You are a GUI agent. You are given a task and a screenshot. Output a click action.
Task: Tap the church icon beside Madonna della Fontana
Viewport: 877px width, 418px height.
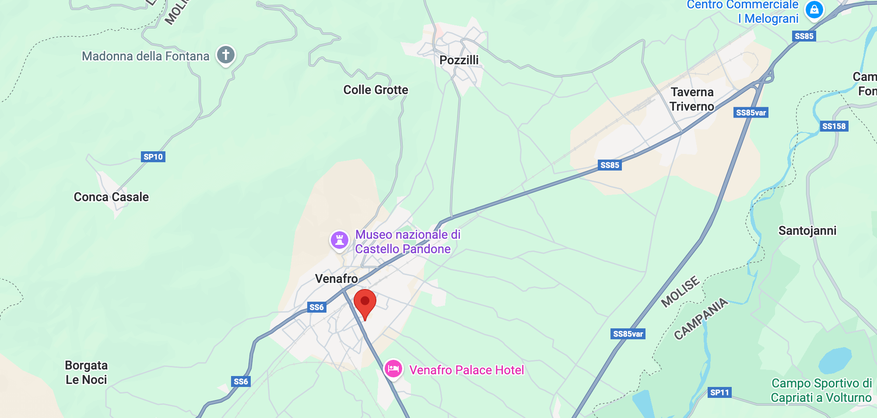(226, 55)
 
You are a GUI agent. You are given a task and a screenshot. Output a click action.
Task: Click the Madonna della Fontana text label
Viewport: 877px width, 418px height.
(146, 56)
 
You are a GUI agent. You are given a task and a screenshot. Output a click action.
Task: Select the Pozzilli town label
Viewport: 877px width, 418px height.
(459, 60)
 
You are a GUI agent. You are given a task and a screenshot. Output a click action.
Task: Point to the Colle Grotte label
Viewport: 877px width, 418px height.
(375, 90)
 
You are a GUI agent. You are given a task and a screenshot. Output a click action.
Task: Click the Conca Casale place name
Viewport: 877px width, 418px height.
(111, 197)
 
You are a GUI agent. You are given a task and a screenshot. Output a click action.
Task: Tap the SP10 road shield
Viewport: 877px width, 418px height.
(153, 157)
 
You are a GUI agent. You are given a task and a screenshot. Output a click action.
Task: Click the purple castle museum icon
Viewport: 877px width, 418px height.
(339, 240)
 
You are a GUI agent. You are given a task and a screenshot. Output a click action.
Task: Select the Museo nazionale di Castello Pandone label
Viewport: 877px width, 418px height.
(407, 242)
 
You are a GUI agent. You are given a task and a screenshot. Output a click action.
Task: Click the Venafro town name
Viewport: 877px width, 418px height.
(336, 279)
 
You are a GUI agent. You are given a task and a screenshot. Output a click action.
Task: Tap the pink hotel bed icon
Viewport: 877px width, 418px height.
(393, 369)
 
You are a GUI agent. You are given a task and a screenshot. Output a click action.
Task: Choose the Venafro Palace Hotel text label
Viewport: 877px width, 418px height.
(467, 370)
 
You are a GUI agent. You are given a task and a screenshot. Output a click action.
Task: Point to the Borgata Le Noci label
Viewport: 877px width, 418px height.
(86, 373)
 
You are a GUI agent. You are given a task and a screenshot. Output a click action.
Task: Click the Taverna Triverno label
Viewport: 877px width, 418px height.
(692, 99)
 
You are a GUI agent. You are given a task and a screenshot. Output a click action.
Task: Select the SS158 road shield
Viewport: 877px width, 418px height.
(834, 126)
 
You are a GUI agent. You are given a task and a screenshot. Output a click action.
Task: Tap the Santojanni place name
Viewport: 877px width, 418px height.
(807, 231)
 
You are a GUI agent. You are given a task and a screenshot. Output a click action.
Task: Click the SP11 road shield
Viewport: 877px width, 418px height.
(719, 392)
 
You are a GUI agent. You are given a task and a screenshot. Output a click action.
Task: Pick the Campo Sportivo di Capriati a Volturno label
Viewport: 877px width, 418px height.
(821, 390)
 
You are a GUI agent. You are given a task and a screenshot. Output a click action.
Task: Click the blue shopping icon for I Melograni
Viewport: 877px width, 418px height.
(814, 9)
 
